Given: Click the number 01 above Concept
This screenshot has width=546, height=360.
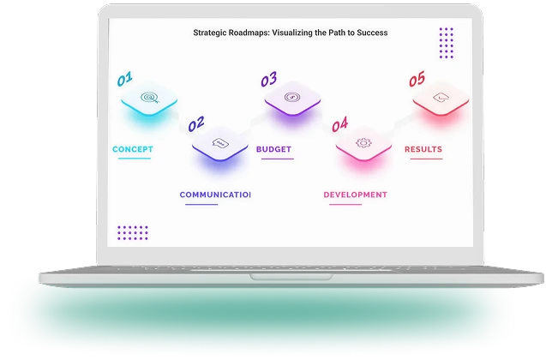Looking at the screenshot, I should point(125,81).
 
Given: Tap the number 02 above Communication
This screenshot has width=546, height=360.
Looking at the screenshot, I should point(196,124).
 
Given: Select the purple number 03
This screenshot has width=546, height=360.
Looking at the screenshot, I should point(269,81).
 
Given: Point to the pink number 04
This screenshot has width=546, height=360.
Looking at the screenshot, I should point(339,124).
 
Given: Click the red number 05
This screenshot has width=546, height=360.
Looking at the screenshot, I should point(417,81).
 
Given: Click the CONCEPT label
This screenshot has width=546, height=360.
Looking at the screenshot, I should point(133,150).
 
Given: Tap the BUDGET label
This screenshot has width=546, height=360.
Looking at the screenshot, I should point(273,150).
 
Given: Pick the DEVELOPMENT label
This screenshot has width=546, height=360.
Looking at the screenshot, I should point(355,195).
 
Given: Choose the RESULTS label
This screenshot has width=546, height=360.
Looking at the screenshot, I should point(423,150).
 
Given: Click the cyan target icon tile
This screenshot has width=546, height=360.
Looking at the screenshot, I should point(149,99).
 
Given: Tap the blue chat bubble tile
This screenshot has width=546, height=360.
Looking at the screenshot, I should point(220,142).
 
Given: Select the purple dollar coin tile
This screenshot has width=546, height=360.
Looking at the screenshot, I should point(292,99).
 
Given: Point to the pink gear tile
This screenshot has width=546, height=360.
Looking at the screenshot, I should point(363,142).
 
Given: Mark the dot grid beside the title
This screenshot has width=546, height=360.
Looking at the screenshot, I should point(446,42).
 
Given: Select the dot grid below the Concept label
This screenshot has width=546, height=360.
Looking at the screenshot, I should point(133,232).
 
